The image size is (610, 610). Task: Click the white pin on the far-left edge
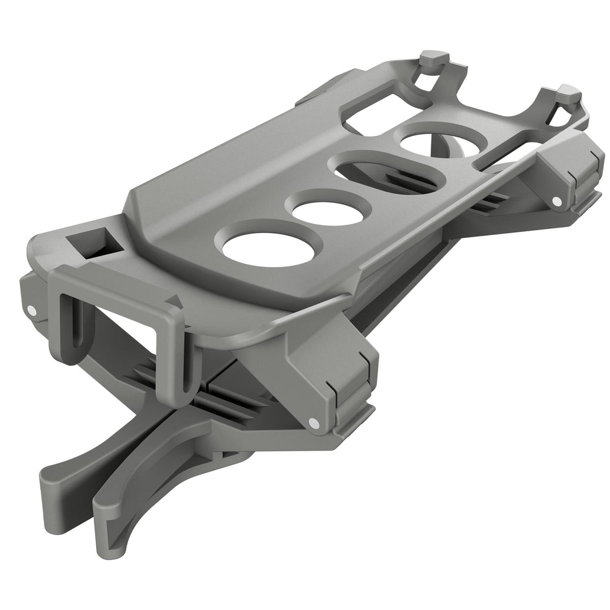(x=32, y=309)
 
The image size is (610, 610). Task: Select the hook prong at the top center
(x=432, y=61)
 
